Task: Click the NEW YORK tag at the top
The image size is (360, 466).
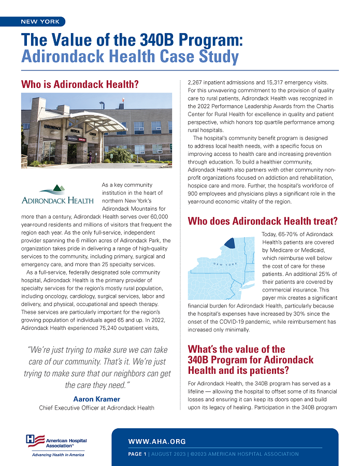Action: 40,22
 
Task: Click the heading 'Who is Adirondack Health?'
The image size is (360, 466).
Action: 80,84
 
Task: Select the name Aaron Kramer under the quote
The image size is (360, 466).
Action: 96,399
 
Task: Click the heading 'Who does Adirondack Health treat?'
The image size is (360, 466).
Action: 262,221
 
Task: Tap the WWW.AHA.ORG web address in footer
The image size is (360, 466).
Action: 157,442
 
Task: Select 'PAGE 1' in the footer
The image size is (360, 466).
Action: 137,454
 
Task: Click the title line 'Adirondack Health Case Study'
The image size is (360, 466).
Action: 129,56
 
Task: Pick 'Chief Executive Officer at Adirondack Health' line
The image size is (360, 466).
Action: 96,407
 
